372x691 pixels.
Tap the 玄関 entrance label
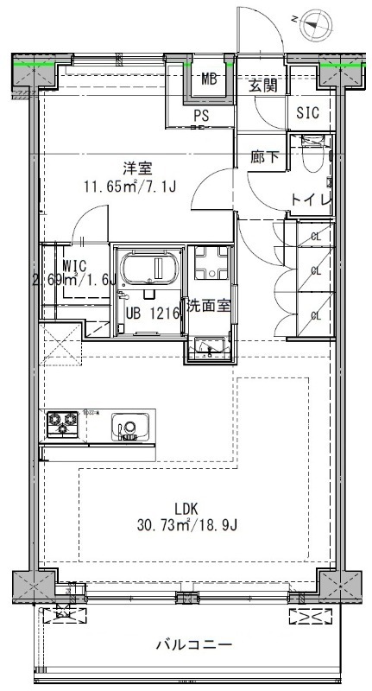point(262,85)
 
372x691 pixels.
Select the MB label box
point(209,80)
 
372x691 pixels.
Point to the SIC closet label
point(307,112)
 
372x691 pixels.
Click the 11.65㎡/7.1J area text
point(129,185)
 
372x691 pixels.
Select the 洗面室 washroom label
point(208,305)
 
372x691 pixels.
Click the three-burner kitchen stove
point(63,424)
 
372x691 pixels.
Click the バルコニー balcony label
point(193,644)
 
